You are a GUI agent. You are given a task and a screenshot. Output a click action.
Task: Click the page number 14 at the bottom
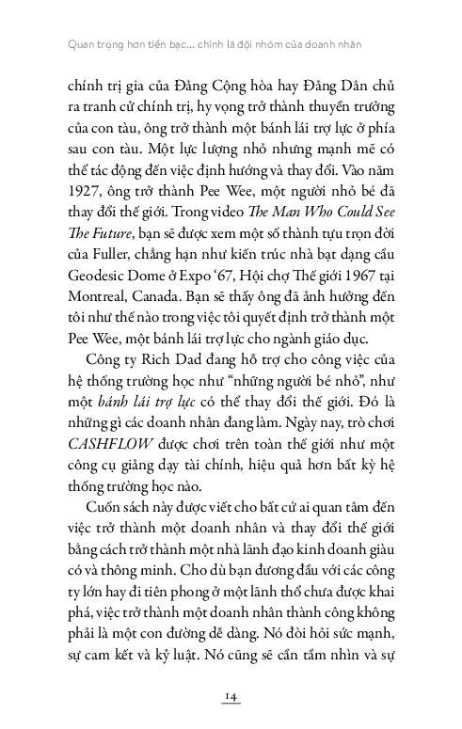pos(231,695)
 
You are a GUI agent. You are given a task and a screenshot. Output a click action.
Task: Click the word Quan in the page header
pos(71,43)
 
